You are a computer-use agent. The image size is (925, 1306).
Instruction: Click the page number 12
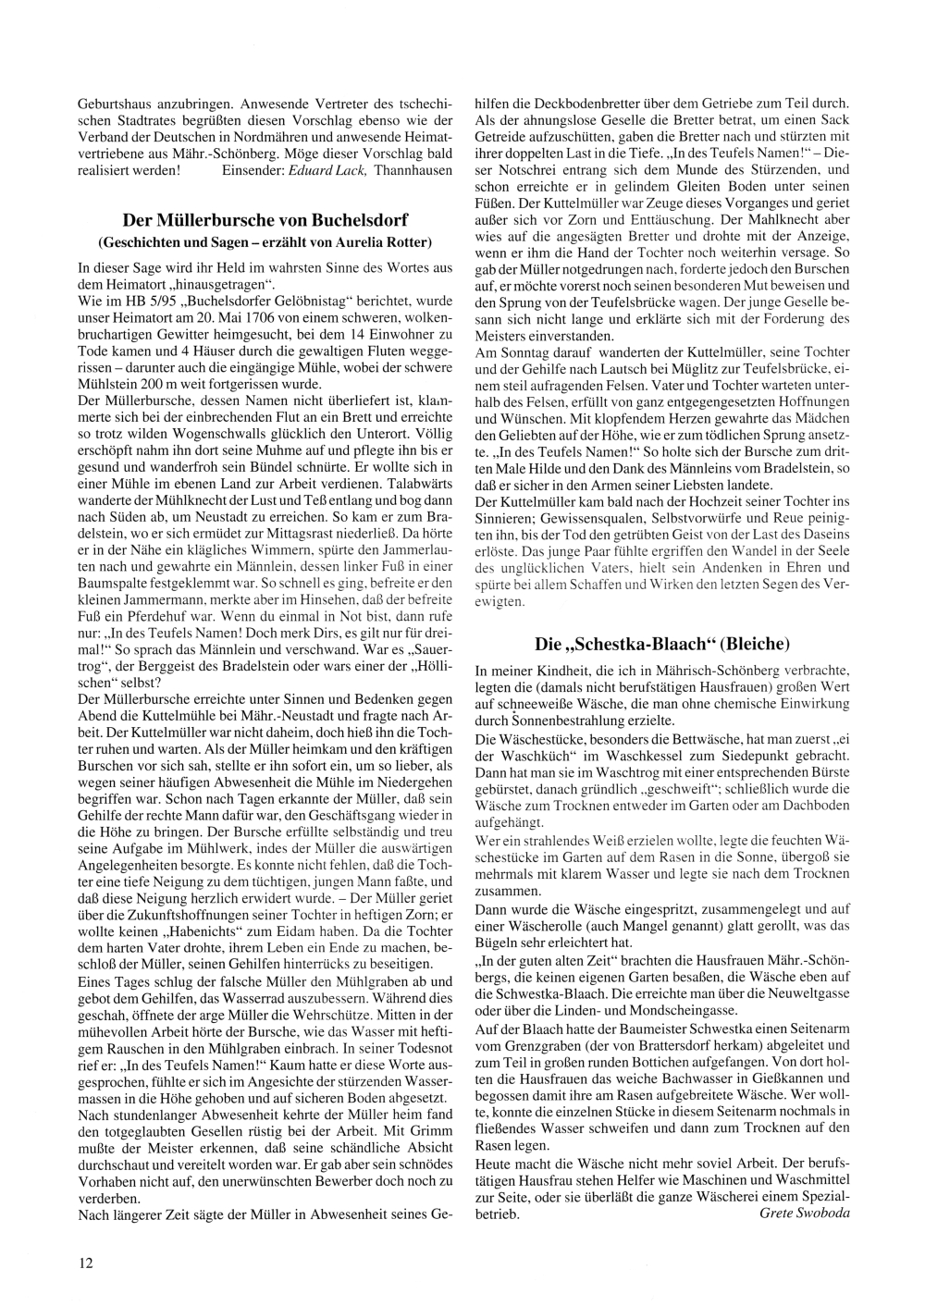coord(84,1261)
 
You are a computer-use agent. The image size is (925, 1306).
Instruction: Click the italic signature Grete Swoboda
coord(804,1213)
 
